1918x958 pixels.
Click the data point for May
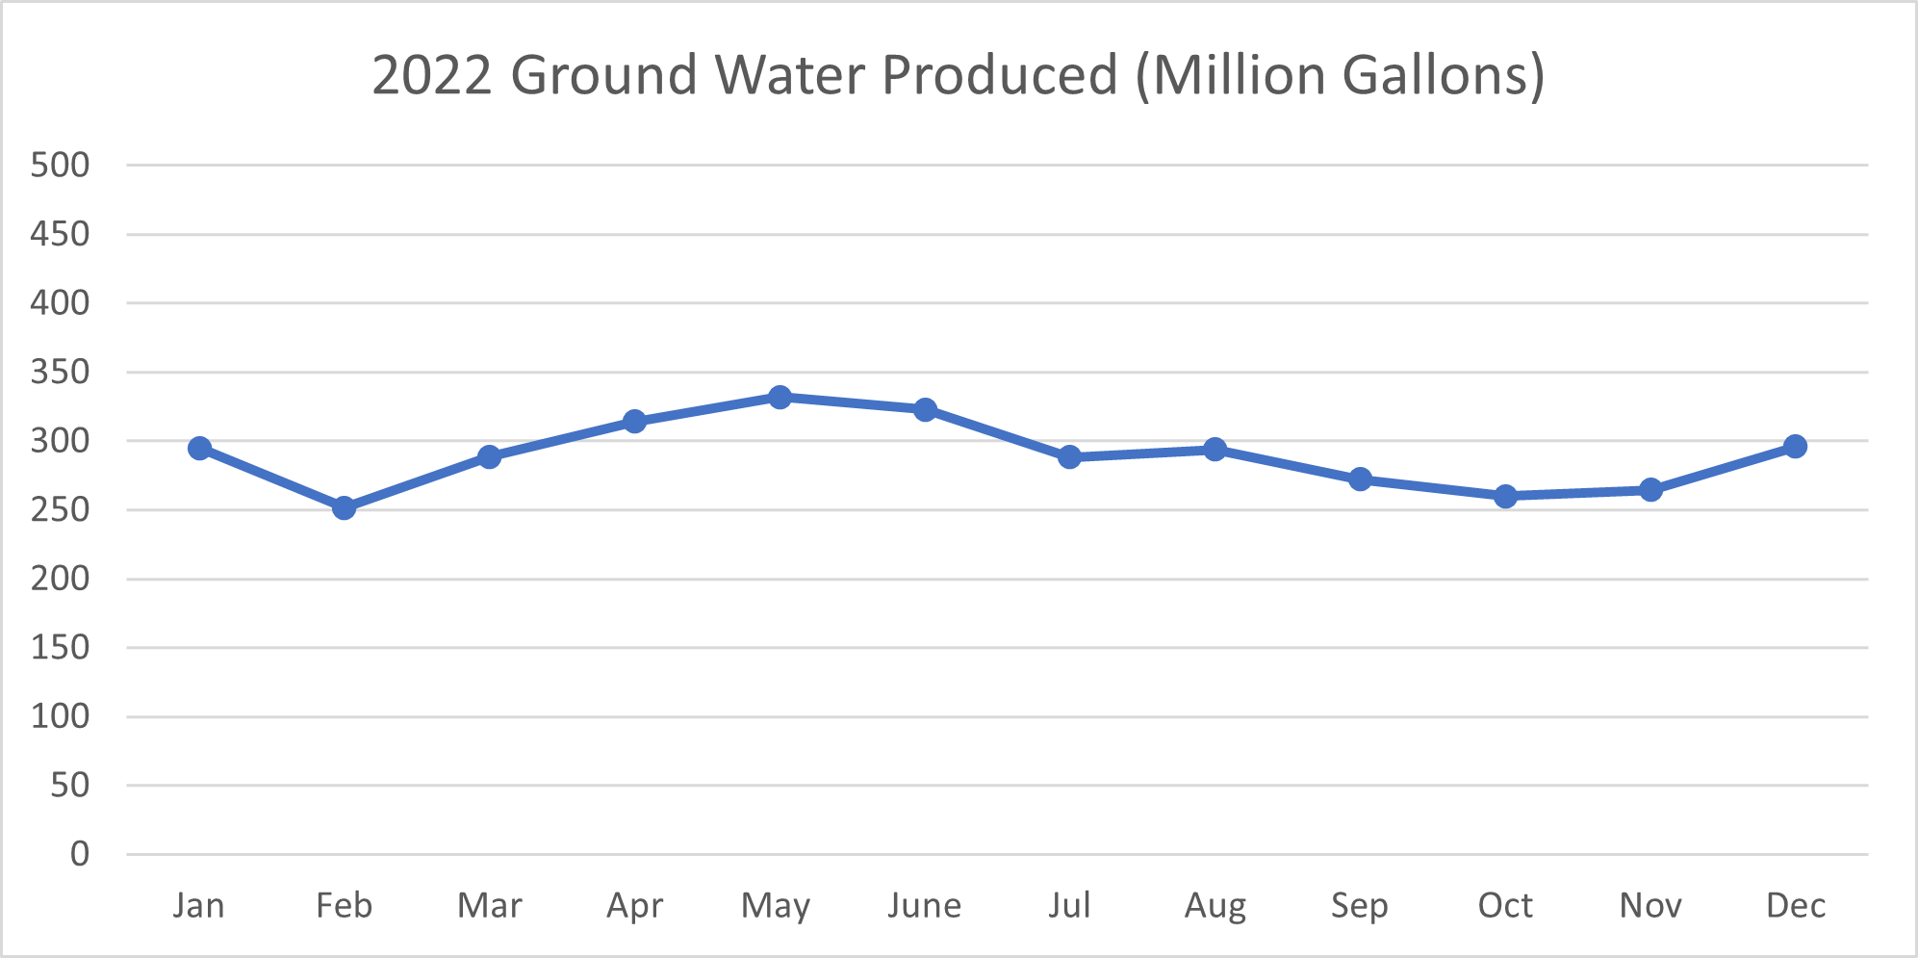click(x=780, y=397)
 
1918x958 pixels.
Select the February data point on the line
click(x=344, y=507)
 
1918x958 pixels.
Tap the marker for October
click(x=1506, y=496)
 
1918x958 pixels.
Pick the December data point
click(x=1795, y=446)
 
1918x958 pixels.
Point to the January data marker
click(x=199, y=448)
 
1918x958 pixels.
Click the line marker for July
click(x=1069, y=457)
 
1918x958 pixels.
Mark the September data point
click(x=1360, y=479)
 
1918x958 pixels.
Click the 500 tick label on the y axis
click(x=60, y=165)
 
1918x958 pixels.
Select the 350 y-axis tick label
click(x=60, y=372)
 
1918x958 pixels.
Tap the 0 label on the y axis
click(x=80, y=854)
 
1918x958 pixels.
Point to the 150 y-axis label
click(x=60, y=647)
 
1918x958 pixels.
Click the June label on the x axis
click(x=924, y=906)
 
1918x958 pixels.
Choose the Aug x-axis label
click(x=1215, y=906)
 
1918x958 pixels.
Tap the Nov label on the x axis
click(x=1650, y=906)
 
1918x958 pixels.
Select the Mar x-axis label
click(x=489, y=906)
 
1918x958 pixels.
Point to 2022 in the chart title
click(x=432, y=75)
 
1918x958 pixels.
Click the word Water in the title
click(x=789, y=75)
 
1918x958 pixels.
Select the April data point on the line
click(x=634, y=421)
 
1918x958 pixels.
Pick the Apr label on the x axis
click(x=634, y=906)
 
